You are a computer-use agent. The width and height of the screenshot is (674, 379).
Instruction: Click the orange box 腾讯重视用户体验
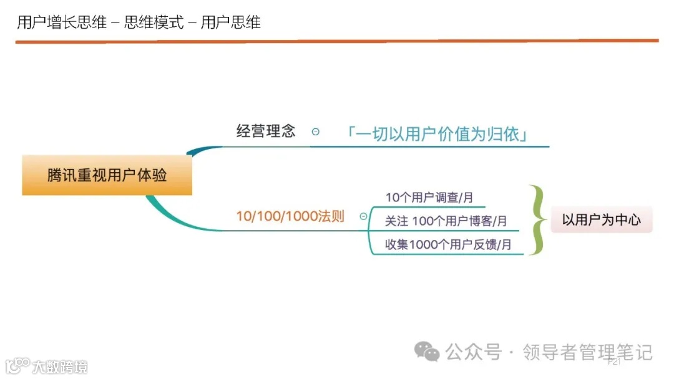pyautogui.click(x=107, y=175)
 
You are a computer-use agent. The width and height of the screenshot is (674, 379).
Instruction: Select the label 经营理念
pyautogui.click(x=265, y=131)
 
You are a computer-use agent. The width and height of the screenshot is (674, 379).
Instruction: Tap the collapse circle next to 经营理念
pyautogui.click(x=316, y=132)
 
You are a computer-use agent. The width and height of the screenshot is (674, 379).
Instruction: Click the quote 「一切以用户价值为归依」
pyautogui.click(x=437, y=133)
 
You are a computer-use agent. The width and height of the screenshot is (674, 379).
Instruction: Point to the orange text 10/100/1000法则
pyautogui.click(x=290, y=216)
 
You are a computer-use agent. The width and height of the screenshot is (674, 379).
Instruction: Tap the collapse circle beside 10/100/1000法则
pyautogui.click(x=363, y=216)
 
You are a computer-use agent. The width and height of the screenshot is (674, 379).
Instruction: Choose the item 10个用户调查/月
pyautogui.click(x=429, y=198)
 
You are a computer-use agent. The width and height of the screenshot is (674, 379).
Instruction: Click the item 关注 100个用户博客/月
pyautogui.click(x=446, y=221)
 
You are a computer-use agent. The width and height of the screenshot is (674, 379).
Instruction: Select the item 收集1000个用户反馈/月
pyautogui.click(x=448, y=244)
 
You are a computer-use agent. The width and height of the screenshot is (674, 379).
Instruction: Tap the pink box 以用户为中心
pyautogui.click(x=601, y=219)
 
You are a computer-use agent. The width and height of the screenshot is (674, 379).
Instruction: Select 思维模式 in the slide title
pyautogui.click(x=154, y=23)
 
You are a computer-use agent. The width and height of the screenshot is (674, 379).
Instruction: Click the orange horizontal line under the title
pyautogui.click(x=337, y=41)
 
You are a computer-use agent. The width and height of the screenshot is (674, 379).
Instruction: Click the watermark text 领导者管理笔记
pyautogui.click(x=587, y=352)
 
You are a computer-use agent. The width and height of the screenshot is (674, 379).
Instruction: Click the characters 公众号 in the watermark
pyautogui.click(x=474, y=352)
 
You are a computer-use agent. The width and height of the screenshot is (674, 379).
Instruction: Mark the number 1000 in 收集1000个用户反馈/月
pyautogui.click(x=424, y=244)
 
